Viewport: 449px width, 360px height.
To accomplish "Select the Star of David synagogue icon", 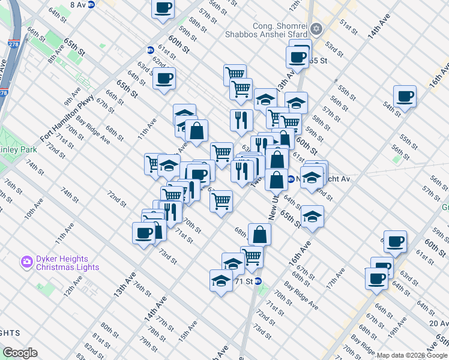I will [316, 29].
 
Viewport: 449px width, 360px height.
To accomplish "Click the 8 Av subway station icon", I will [91, 4].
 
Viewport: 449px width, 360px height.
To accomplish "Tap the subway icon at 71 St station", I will [258, 281].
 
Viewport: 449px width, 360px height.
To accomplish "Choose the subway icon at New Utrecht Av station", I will [291, 179].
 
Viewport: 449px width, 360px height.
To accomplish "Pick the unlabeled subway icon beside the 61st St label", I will [151, 50].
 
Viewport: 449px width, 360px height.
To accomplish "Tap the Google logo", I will [20, 352].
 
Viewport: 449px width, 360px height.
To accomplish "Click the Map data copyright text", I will [412, 355].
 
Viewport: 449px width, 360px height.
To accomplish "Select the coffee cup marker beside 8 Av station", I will [163, 8].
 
